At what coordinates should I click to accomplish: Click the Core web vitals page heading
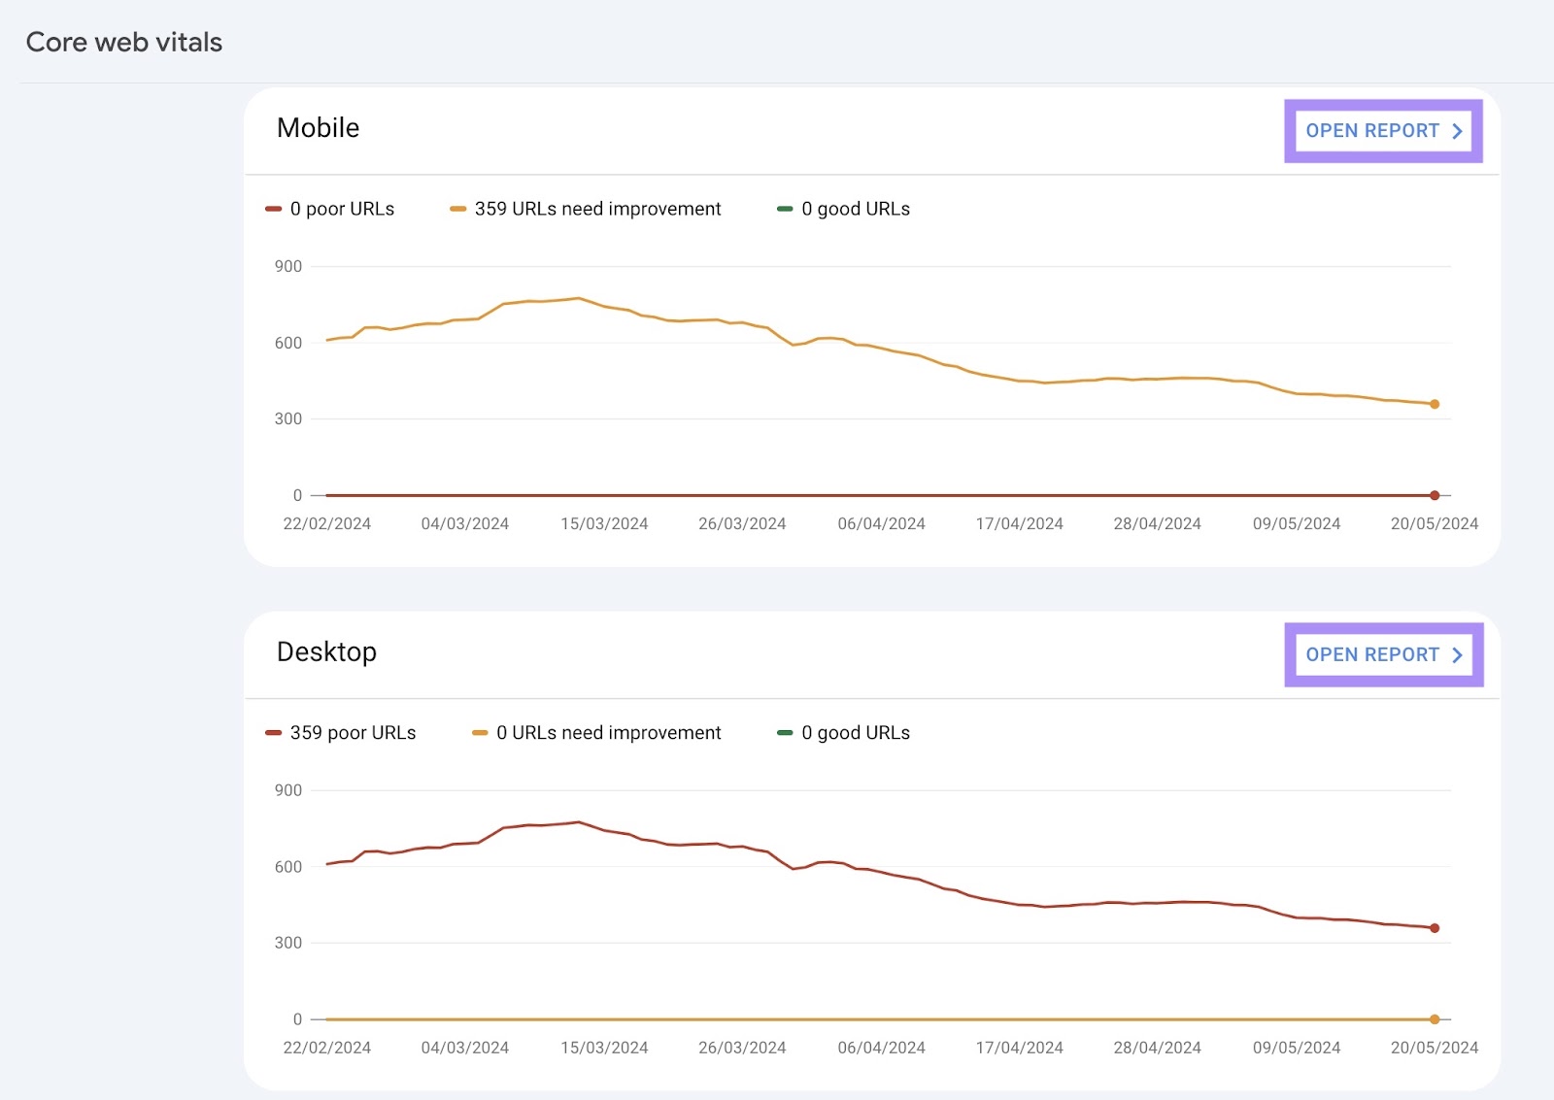pos(124,42)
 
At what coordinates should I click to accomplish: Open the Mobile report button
pos(1383,131)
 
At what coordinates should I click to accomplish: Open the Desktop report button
pos(1383,655)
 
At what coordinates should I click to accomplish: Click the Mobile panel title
pos(318,128)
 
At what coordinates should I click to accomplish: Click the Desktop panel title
pos(326,651)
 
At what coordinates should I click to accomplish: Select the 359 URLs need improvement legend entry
pos(596,209)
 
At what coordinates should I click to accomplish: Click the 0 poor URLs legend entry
pos(341,209)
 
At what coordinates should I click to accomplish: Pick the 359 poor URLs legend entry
pos(352,733)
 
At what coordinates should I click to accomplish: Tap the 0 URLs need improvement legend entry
pos(607,733)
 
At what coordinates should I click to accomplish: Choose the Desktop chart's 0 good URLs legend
pos(855,733)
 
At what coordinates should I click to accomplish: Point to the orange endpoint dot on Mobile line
pos(1435,404)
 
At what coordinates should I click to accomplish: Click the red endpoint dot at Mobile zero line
pos(1435,495)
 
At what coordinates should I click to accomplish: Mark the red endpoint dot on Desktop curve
pos(1435,928)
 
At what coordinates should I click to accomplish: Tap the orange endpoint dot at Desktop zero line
pos(1435,1019)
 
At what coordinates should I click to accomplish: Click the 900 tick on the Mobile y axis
pos(288,266)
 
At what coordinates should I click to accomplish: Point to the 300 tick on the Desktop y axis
pos(288,943)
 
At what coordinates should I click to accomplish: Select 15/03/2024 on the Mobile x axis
pos(604,524)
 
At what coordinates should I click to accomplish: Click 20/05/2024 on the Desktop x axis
pos(1434,1049)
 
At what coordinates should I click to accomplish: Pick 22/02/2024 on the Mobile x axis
pos(327,524)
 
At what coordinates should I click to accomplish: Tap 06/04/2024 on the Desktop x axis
pos(881,1049)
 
